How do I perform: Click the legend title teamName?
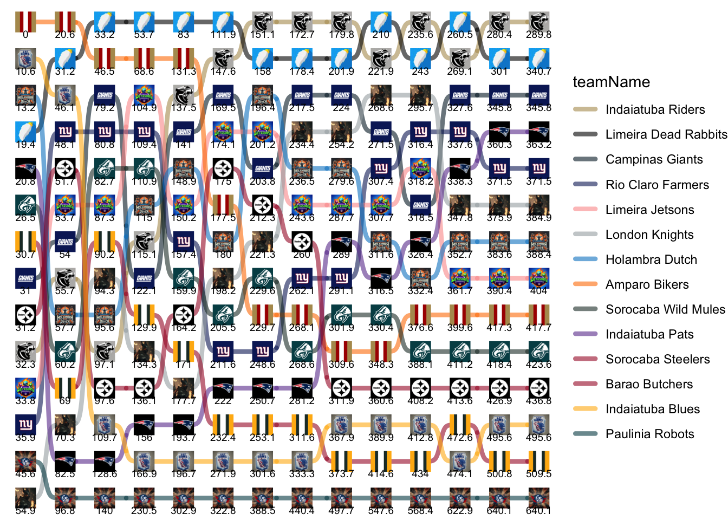[x=611, y=82]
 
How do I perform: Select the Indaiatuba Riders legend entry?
[x=655, y=109]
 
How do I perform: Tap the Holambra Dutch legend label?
[x=651, y=259]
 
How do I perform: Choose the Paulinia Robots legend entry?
[x=649, y=434]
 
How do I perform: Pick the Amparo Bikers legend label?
[x=647, y=284]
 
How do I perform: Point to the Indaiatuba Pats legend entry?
[x=649, y=334]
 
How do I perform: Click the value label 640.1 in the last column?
[x=538, y=511]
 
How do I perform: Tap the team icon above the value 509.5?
[x=538, y=461]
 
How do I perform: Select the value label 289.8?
[x=538, y=35]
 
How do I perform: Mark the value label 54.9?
[x=25, y=511]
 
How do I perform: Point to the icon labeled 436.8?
[x=538, y=388]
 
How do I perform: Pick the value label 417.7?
[x=538, y=328]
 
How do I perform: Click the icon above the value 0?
[x=25, y=22]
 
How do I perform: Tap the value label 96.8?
[x=65, y=511]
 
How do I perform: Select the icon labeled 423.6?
[x=538, y=351]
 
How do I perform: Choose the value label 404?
[x=538, y=291]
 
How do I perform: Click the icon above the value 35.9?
[x=25, y=424]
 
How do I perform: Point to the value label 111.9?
[x=223, y=35]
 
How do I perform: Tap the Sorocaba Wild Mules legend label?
[x=665, y=309]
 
